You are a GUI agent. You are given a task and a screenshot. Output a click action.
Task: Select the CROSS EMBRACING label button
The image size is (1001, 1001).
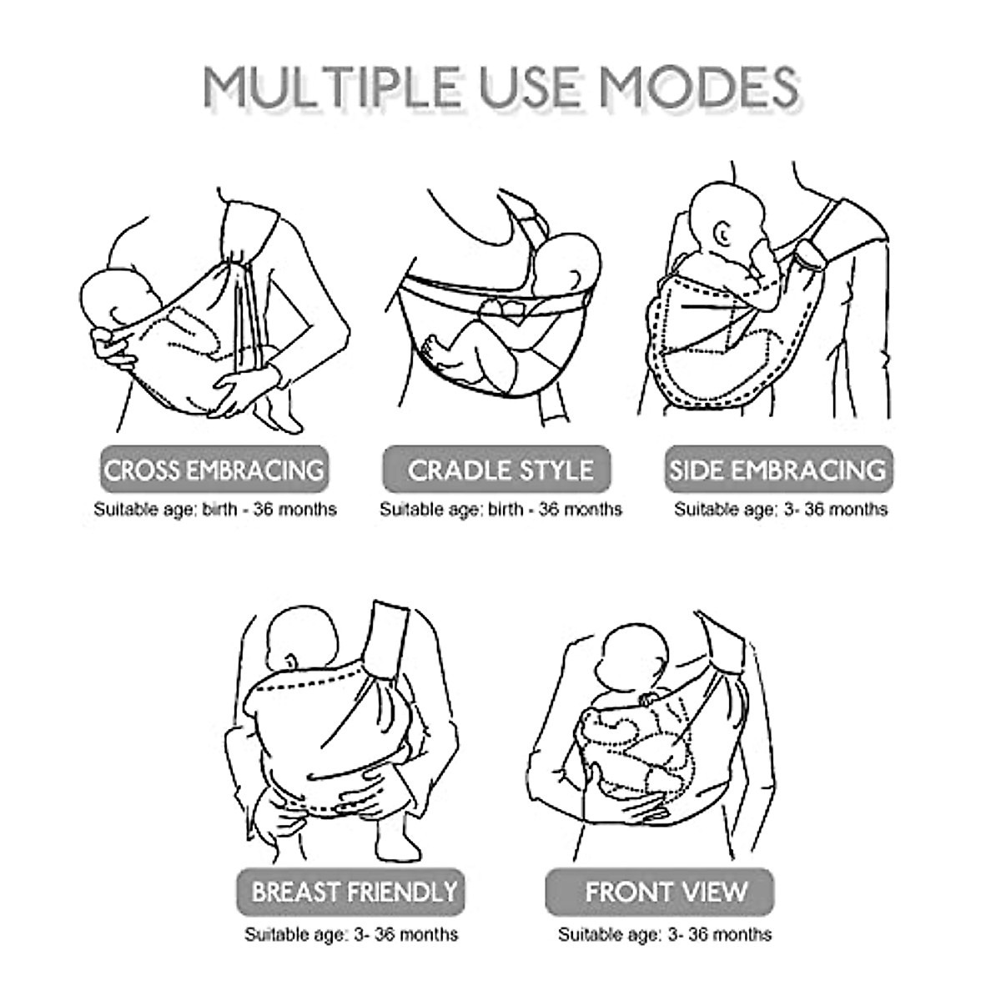[x=214, y=470]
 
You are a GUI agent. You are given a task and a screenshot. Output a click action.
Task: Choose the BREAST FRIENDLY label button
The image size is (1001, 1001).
[x=354, y=891]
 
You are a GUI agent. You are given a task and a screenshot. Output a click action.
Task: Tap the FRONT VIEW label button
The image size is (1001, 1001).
[x=666, y=891]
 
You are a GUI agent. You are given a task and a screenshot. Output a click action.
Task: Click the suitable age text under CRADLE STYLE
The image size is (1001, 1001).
[x=500, y=509]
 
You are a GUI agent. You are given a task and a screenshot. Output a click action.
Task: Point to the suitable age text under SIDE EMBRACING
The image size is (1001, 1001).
[x=781, y=509]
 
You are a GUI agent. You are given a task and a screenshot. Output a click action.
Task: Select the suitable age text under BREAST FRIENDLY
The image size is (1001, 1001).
[x=351, y=933]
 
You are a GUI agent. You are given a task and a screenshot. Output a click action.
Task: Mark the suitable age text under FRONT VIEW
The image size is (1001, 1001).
[x=665, y=933]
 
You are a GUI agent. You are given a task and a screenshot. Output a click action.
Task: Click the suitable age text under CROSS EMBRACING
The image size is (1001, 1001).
[x=214, y=509]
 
